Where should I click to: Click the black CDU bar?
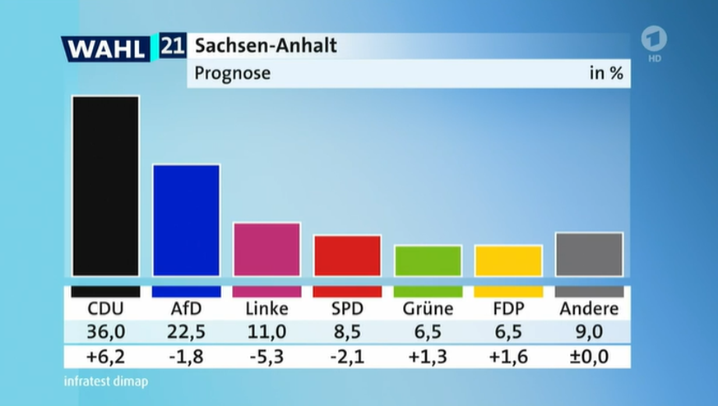pos(105,186)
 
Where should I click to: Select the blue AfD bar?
pos(186,220)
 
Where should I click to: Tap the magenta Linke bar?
pos(266,249)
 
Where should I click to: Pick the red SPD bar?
pos(347,256)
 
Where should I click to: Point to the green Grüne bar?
pos(428,261)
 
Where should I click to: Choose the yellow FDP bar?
pos(508,261)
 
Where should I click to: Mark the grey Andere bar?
pos(589,254)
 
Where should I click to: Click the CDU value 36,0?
pos(104,332)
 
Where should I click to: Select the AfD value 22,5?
pos(185,332)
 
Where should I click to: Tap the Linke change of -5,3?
pos(266,356)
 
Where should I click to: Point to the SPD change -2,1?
pos(347,356)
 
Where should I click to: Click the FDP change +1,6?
pos(508,356)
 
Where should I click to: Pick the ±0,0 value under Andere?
pos(589,356)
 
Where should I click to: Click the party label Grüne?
pos(428,309)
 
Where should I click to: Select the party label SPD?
pos(347,309)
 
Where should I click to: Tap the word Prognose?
pos(232,74)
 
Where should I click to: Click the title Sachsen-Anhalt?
pos(265,46)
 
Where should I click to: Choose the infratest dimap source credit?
pos(105,381)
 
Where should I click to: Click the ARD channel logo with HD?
pos(654,44)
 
